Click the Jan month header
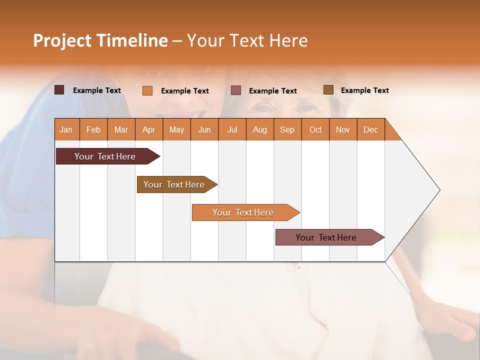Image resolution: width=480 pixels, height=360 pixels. [66, 129]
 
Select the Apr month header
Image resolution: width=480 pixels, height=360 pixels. [149, 129]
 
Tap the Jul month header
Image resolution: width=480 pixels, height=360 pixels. [232, 129]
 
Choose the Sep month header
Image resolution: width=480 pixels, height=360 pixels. [287, 129]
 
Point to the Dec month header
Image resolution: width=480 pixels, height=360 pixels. [370, 129]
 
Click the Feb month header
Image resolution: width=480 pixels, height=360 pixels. [93, 129]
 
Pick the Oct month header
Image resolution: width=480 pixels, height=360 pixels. [315, 129]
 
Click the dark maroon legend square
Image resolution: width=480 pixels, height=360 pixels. [59, 90]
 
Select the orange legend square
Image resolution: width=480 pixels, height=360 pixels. [147, 90]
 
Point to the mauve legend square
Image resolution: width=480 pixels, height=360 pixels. [236, 90]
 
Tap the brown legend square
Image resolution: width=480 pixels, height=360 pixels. [328, 90]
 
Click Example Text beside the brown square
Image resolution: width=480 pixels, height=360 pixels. [364, 90]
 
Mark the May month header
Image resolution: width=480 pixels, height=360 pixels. [176, 129]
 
